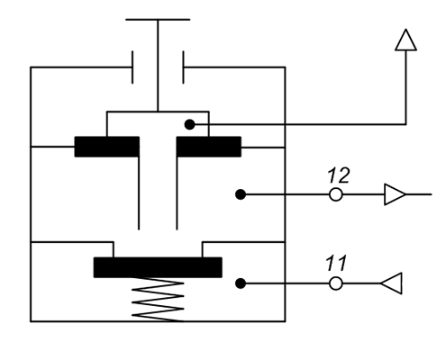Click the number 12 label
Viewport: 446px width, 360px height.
[339, 175]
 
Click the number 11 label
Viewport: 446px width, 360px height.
[336, 263]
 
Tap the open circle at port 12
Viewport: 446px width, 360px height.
[335, 194]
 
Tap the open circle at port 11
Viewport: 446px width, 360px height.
[335, 283]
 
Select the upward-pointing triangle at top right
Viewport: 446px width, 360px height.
[405, 40]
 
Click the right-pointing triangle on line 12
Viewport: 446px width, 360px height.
[394, 194]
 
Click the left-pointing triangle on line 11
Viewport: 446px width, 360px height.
[392, 283]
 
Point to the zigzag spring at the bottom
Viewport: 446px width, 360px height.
[158, 299]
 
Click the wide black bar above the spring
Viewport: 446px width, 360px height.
[158, 267]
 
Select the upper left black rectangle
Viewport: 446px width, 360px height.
[107, 147]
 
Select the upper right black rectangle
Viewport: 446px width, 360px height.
[209, 147]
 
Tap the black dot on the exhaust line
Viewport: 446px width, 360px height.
[189, 124]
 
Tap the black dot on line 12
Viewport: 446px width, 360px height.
[241, 194]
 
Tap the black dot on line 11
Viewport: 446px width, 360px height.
[241, 283]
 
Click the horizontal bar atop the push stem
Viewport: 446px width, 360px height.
[158, 20]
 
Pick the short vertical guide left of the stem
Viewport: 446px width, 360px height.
[132, 67]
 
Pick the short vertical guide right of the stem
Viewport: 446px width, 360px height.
[183, 67]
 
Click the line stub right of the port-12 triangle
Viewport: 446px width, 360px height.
[419, 194]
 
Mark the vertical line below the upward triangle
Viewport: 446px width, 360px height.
[406, 87]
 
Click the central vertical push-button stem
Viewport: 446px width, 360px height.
[158, 66]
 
